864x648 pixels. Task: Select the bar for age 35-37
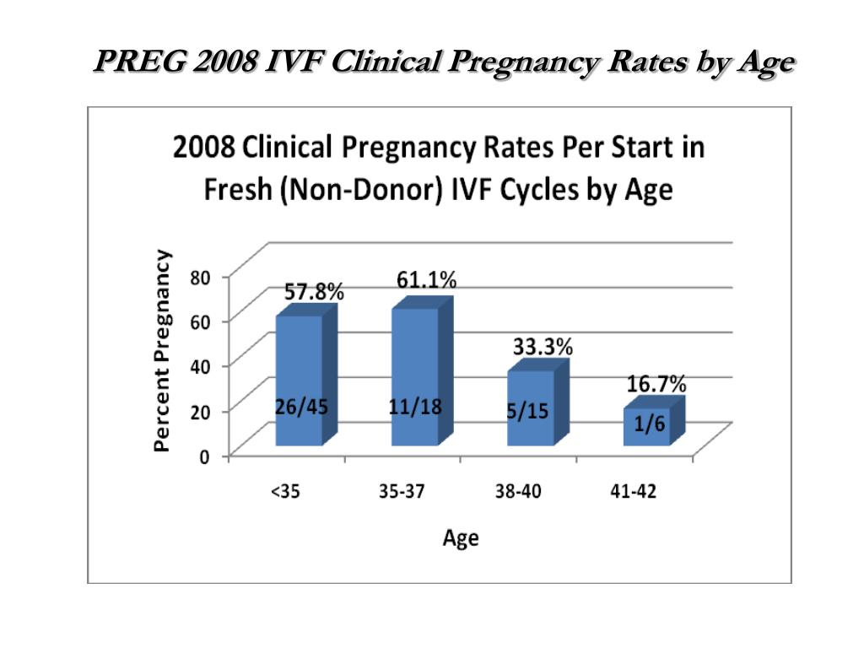click(x=422, y=371)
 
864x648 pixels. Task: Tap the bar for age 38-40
click(x=537, y=402)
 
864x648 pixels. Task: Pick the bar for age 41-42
click(x=654, y=421)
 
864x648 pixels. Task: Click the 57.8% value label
click(x=314, y=291)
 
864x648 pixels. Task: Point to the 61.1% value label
click(x=426, y=280)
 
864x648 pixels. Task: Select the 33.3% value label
click(x=543, y=347)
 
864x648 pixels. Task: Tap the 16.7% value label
click(x=656, y=384)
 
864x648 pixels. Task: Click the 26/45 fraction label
click(x=301, y=408)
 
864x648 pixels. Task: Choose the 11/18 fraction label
click(x=415, y=407)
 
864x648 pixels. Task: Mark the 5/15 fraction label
click(x=528, y=411)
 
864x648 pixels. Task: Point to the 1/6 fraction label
click(x=650, y=424)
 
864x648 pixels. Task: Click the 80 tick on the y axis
click(x=201, y=277)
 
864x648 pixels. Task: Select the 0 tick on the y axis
click(x=204, y=456)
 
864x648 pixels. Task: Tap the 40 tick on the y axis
click(x=201, y=367)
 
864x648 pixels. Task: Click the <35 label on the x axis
click(x=285, y=491)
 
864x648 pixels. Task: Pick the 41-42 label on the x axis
click(x=634, y=491)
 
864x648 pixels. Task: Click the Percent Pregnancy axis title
click(x=162, y=350)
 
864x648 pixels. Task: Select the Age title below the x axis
click(x=461, y=538)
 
